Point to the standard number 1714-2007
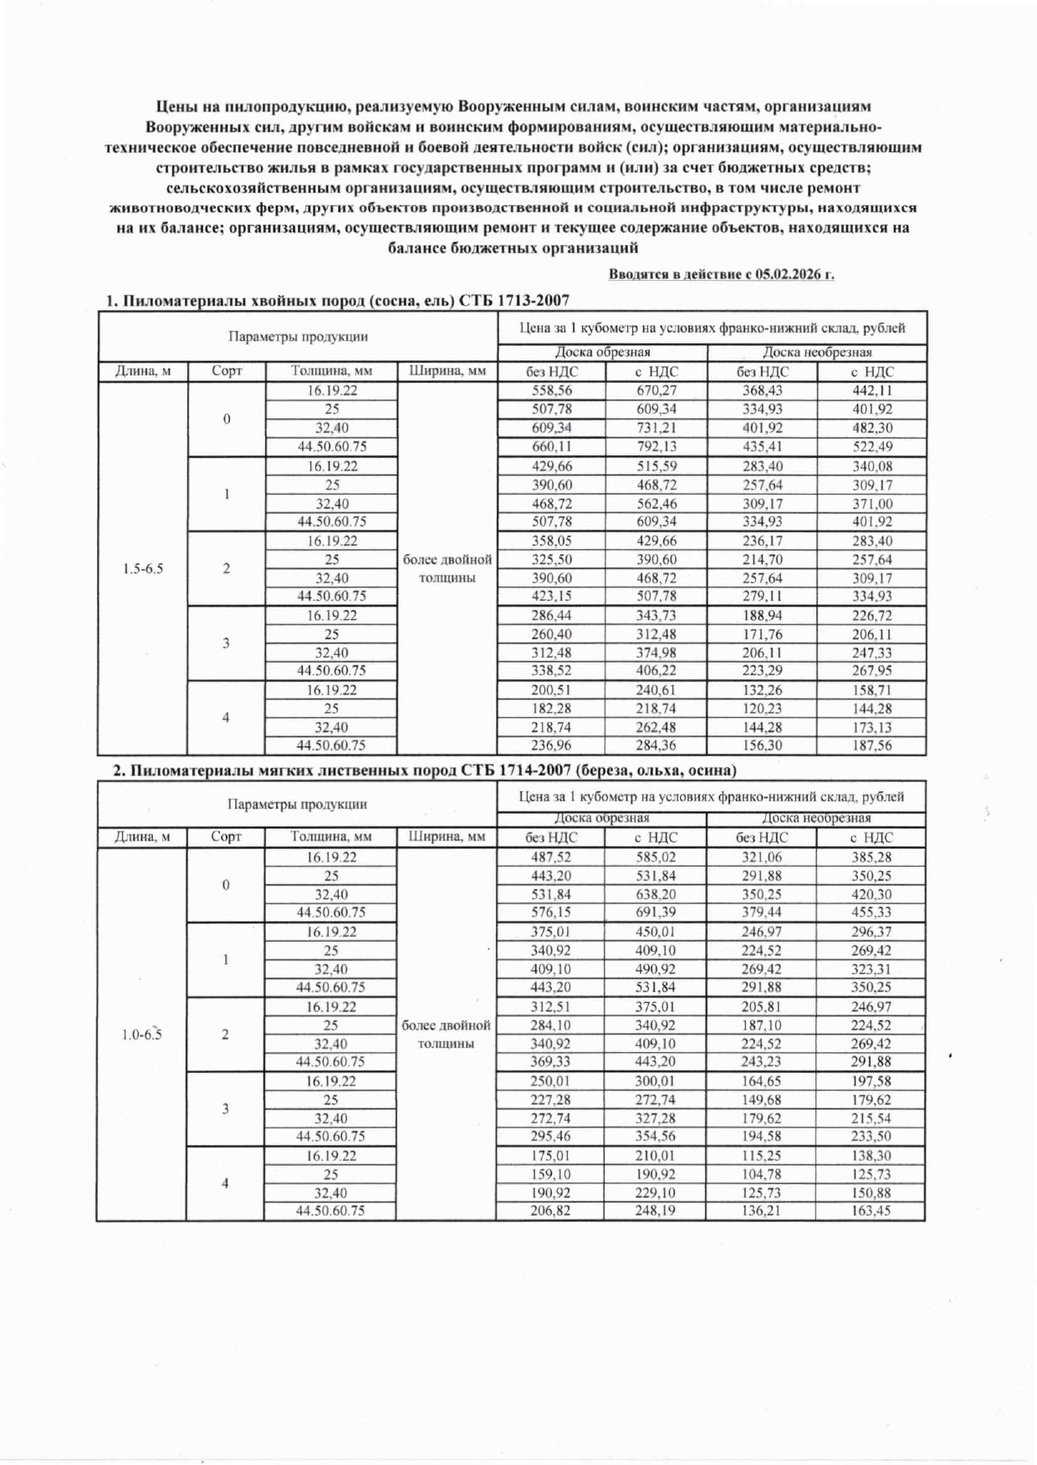pos(534,770)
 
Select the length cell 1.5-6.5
pos(143,569)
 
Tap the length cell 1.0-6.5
pos(142,1035)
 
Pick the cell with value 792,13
pos(656,446)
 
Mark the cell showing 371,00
pos(872,504)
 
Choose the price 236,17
pos(763,541)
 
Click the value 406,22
pos(656,670)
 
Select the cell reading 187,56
pos(872,745)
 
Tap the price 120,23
pos(763,709)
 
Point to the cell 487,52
pos(551,857)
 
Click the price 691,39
pos(656,912)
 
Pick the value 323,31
pos(871,969)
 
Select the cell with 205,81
pos(762,1007)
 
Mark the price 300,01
pos(656,1081)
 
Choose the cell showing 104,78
pos(762,1174)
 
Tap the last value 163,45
pos(871,1210)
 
